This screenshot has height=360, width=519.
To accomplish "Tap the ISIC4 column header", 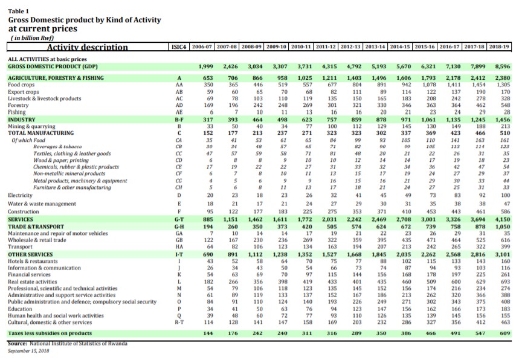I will coord(178,46).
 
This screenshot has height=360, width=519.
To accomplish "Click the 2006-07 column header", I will coord(202,46).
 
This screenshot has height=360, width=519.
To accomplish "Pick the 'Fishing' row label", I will coord(18,112).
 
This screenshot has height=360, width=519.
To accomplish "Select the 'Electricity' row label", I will coord(21,196).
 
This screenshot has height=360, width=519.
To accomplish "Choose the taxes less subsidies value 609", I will coord(505,333).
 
